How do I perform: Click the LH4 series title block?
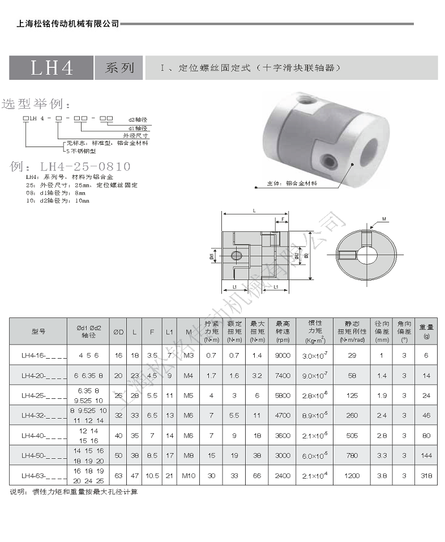tap(52, 68)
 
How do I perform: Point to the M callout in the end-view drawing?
tap(384, 218)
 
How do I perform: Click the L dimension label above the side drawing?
tap(254, 210)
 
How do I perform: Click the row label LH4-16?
tap(38, 355)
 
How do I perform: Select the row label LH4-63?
tap(38, 475)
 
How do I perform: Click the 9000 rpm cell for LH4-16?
tap(283, 355)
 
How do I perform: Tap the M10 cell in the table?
tap(189, 475)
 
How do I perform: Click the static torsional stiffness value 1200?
tap(351, 475)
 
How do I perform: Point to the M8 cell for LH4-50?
tap(189, 455)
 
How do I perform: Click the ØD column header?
tap(118, 332)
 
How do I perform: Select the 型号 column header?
tap(38, 332)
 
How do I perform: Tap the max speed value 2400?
tap(283, 475)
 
